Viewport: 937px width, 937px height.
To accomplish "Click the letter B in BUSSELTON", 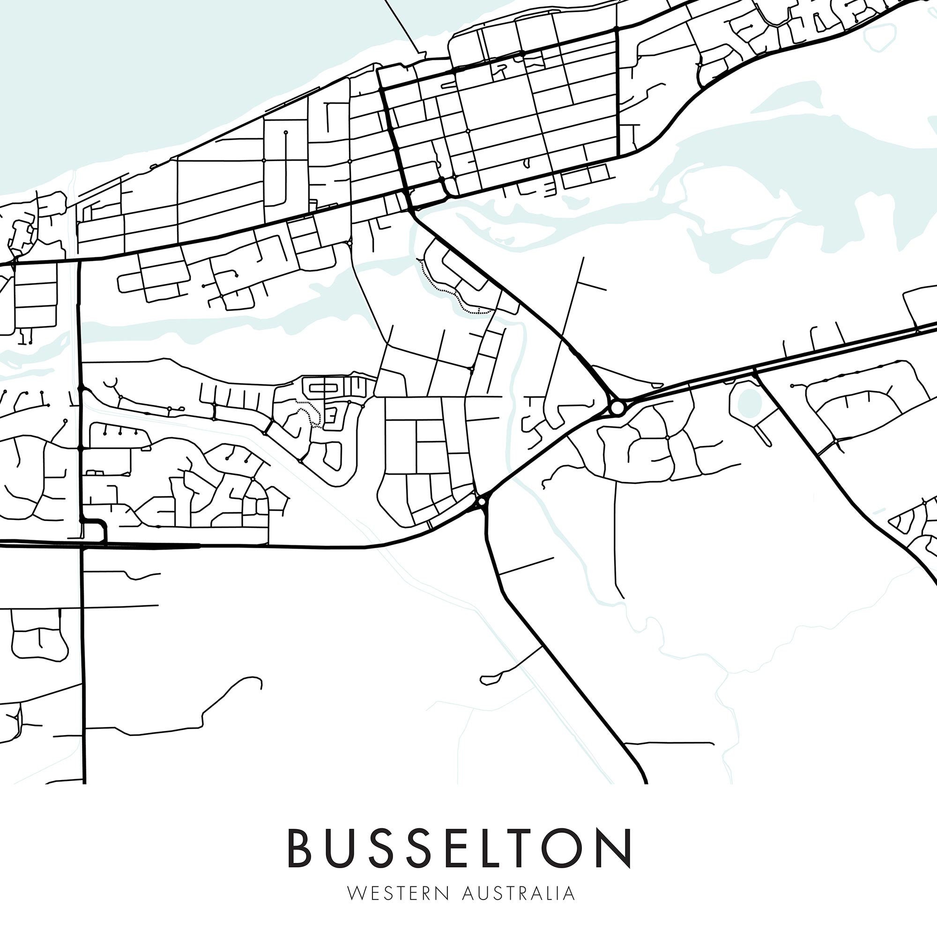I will (299, 848).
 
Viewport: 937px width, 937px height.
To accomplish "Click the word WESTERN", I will (399, 893).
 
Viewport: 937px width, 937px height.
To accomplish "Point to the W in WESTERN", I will (356, 893).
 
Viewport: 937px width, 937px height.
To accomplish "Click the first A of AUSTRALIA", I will (468, 893).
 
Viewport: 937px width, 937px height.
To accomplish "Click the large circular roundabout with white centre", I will (617, 408).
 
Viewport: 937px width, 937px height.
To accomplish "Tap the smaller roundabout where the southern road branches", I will (482, 501).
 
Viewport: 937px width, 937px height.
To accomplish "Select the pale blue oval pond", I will (750, 402).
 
